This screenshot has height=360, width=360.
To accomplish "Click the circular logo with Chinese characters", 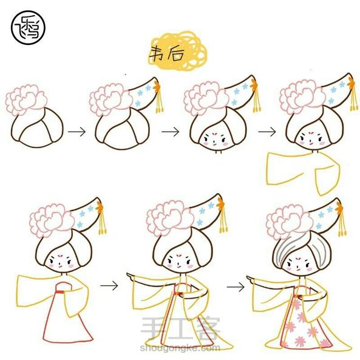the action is (28, 27).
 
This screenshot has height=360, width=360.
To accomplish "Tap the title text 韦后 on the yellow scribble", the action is (167, 54).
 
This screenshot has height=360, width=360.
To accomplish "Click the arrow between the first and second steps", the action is (76, 132).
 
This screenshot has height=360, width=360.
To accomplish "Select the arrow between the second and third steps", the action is (171, 132).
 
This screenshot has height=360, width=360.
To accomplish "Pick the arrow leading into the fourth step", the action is (267, 132).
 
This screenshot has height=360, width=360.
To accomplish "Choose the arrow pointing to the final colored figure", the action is (236, 287).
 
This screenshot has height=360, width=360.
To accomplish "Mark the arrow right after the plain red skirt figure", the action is (109, 285).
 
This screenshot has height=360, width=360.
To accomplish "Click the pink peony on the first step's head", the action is (26, 99).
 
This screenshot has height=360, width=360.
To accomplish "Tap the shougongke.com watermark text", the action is (180, 348).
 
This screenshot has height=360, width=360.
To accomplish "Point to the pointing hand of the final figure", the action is (251, 279).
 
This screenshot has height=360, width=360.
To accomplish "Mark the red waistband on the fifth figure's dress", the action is (60, 292).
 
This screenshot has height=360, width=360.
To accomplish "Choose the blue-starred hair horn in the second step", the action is (143, 93).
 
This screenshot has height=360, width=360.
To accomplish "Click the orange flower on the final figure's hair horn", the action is (339, 209).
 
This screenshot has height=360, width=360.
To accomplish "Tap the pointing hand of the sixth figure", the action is (132, 276).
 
